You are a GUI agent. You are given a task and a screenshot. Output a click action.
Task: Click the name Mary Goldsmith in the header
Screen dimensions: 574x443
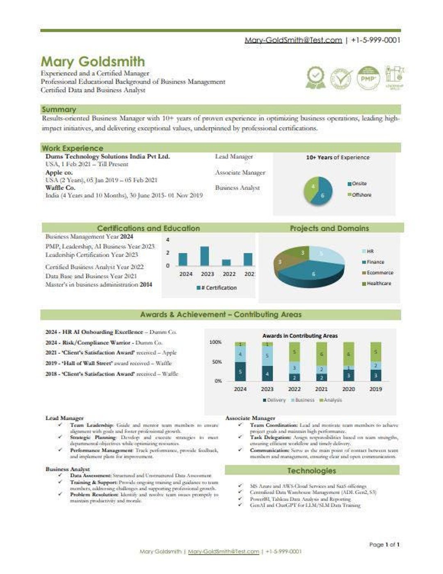[x=93, y=61]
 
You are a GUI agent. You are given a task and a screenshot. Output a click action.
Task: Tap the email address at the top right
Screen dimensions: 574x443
[x=293, y=40]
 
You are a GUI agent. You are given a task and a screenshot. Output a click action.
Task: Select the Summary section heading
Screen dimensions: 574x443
[x=59, y=109]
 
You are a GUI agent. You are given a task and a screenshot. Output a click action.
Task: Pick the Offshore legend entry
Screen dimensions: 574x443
[x=361, y=195]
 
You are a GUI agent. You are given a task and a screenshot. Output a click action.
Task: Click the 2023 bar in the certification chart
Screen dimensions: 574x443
[x=204, y=256]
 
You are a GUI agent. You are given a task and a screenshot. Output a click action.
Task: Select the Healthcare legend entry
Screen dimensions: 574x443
[x=378, y=283]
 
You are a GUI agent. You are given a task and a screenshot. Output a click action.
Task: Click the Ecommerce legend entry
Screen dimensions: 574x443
[x=379, y=273]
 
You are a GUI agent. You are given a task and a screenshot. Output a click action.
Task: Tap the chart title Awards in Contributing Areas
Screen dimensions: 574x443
[x=300, y=335]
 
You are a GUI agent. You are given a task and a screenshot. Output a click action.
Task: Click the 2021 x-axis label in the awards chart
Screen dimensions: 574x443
[x=321, y=389]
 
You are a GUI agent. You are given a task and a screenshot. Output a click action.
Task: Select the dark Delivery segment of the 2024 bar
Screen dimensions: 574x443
[x=240, y=372]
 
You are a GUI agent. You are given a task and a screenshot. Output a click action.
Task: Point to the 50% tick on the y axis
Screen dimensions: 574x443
[x=216, y=362]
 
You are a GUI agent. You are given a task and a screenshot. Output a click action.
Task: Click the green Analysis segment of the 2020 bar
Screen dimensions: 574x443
[x=348, y=354]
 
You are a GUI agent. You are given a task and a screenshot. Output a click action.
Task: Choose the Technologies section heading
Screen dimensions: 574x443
[x=311, y=471]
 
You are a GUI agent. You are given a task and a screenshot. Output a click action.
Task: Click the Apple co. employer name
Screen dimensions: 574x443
[x=59, y=172]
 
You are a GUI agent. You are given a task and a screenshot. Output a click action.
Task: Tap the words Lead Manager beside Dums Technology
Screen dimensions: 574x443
[x=234, y=156]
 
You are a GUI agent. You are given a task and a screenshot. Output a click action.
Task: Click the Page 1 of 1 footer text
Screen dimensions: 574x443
[x=384, y=544]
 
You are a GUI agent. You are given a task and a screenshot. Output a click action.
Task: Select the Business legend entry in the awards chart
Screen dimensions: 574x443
[x=304, y=400]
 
